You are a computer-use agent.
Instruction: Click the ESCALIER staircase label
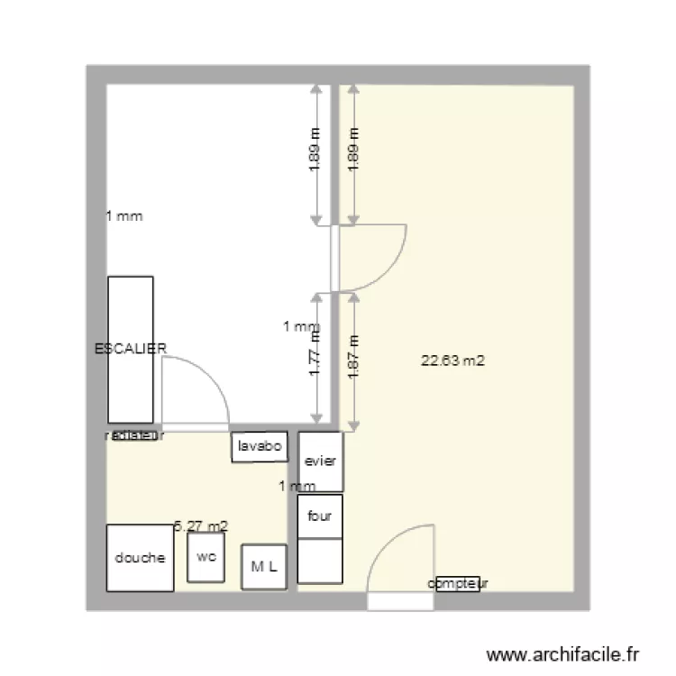click(131, 348)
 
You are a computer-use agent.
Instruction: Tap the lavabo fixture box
click(260, 446)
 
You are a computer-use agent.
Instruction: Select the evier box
click(320, 461)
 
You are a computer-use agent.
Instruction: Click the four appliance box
click(320, 516)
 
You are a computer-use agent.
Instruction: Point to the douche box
click(140, 558)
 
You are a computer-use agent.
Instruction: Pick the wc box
click(206, 557)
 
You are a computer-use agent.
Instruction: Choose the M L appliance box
click(264, 567)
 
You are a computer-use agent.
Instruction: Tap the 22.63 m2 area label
click(453, 361)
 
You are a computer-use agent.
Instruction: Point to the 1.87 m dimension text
click(353, 358)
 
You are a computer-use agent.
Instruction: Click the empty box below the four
click(320, 561)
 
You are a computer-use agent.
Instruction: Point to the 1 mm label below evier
click(297, 487)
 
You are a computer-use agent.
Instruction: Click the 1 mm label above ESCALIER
click(124, 216)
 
